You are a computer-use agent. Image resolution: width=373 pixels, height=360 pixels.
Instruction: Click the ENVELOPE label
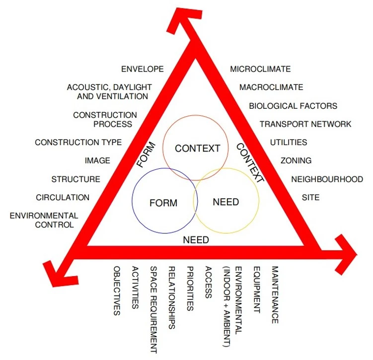tap(142, 69)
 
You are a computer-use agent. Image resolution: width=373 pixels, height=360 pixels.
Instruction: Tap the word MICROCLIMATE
tap(260, 69)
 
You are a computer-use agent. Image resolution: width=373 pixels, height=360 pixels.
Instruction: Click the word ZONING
tap(296, 161)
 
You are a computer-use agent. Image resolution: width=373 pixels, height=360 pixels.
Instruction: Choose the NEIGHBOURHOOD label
tap(327, 179)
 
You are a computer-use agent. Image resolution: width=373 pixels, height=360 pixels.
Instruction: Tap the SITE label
tap(310, 198)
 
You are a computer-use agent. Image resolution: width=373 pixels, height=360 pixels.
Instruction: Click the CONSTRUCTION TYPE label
tap(78, 143)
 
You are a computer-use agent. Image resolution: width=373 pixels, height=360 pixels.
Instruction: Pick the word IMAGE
tap(97, 161)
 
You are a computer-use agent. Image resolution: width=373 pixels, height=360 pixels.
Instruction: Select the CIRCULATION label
tap(63, 198)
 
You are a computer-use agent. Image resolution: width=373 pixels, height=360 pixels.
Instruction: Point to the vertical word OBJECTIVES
tap(117, 291)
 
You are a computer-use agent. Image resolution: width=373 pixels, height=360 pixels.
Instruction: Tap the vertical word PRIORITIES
tap(190, 288)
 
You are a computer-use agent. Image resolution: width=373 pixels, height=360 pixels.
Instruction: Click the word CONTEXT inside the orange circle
tap(197, 148)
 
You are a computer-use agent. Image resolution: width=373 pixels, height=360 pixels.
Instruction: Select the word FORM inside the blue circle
tap(163, 203)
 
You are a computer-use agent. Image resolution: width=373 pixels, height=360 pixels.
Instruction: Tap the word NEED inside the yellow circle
tap(225, 202)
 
